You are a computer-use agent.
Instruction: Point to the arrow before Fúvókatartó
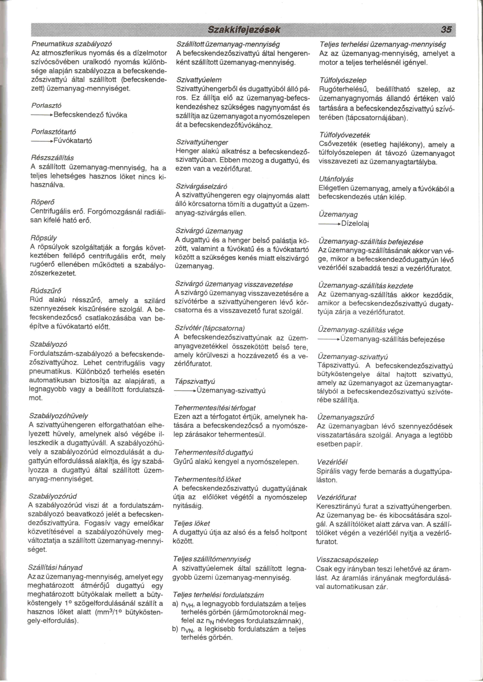[x=42, y=141]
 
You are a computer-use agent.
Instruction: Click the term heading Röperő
[x=42, y=202]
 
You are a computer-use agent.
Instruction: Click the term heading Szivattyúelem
[x=199, y=80]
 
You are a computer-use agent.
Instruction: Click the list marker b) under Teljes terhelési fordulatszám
[x=175, y=629]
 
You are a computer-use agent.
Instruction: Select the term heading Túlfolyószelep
[x=343, y=80]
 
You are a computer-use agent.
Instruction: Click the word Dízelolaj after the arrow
[x=355, y=223]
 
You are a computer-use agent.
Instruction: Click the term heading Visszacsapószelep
[x=347, y=560]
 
